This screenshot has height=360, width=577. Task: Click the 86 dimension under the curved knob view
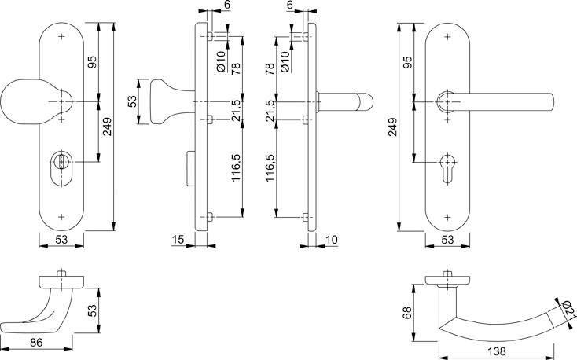36,343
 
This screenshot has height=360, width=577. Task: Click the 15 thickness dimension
178,238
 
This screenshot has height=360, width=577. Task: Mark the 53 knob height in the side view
133,101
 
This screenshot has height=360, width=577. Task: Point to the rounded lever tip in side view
367,102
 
